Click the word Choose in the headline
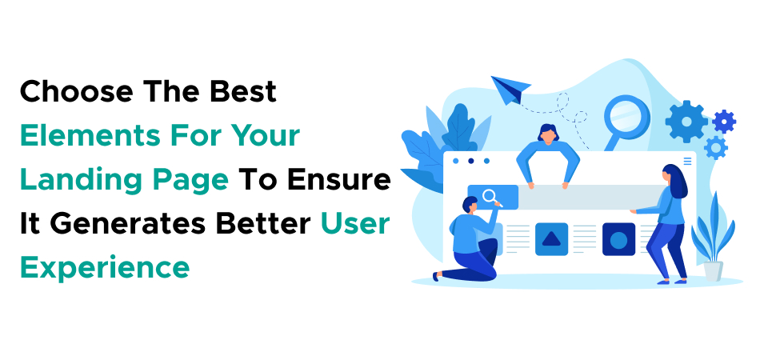point(77,91)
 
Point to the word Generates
point(129,224)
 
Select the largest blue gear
point(686,122)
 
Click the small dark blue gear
point(724,122)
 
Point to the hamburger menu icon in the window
point(687,161)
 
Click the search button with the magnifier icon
point(493,197)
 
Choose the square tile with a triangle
point(551,239)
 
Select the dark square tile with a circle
point(618,239)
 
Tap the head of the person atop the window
point(548,134)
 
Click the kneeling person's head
point(470,205)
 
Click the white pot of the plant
point(713,271)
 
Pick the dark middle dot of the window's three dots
point(470,161)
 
